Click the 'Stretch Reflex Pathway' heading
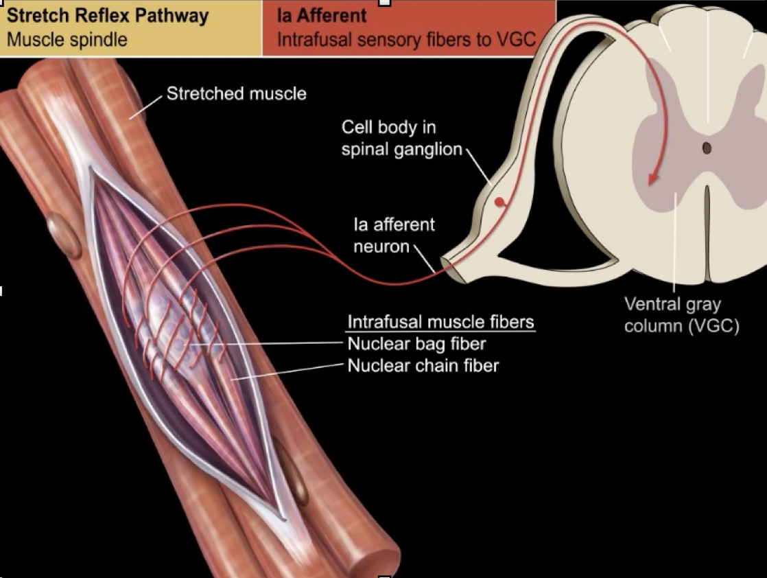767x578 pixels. tap(107, 16)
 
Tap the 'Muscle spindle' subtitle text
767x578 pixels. tap(67, 38)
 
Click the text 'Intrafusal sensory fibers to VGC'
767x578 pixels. tap(405, 38)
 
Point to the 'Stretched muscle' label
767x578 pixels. tap(236, 93)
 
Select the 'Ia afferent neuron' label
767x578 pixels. tap(394, 235)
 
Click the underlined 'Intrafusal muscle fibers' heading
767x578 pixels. tap(440, 322)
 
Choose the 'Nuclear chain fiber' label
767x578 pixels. tap(423, 365)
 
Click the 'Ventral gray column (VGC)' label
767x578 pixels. tap(681, 314)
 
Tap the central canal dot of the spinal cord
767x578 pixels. tap(707, 148)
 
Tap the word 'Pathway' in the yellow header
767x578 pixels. tap(174, 16)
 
